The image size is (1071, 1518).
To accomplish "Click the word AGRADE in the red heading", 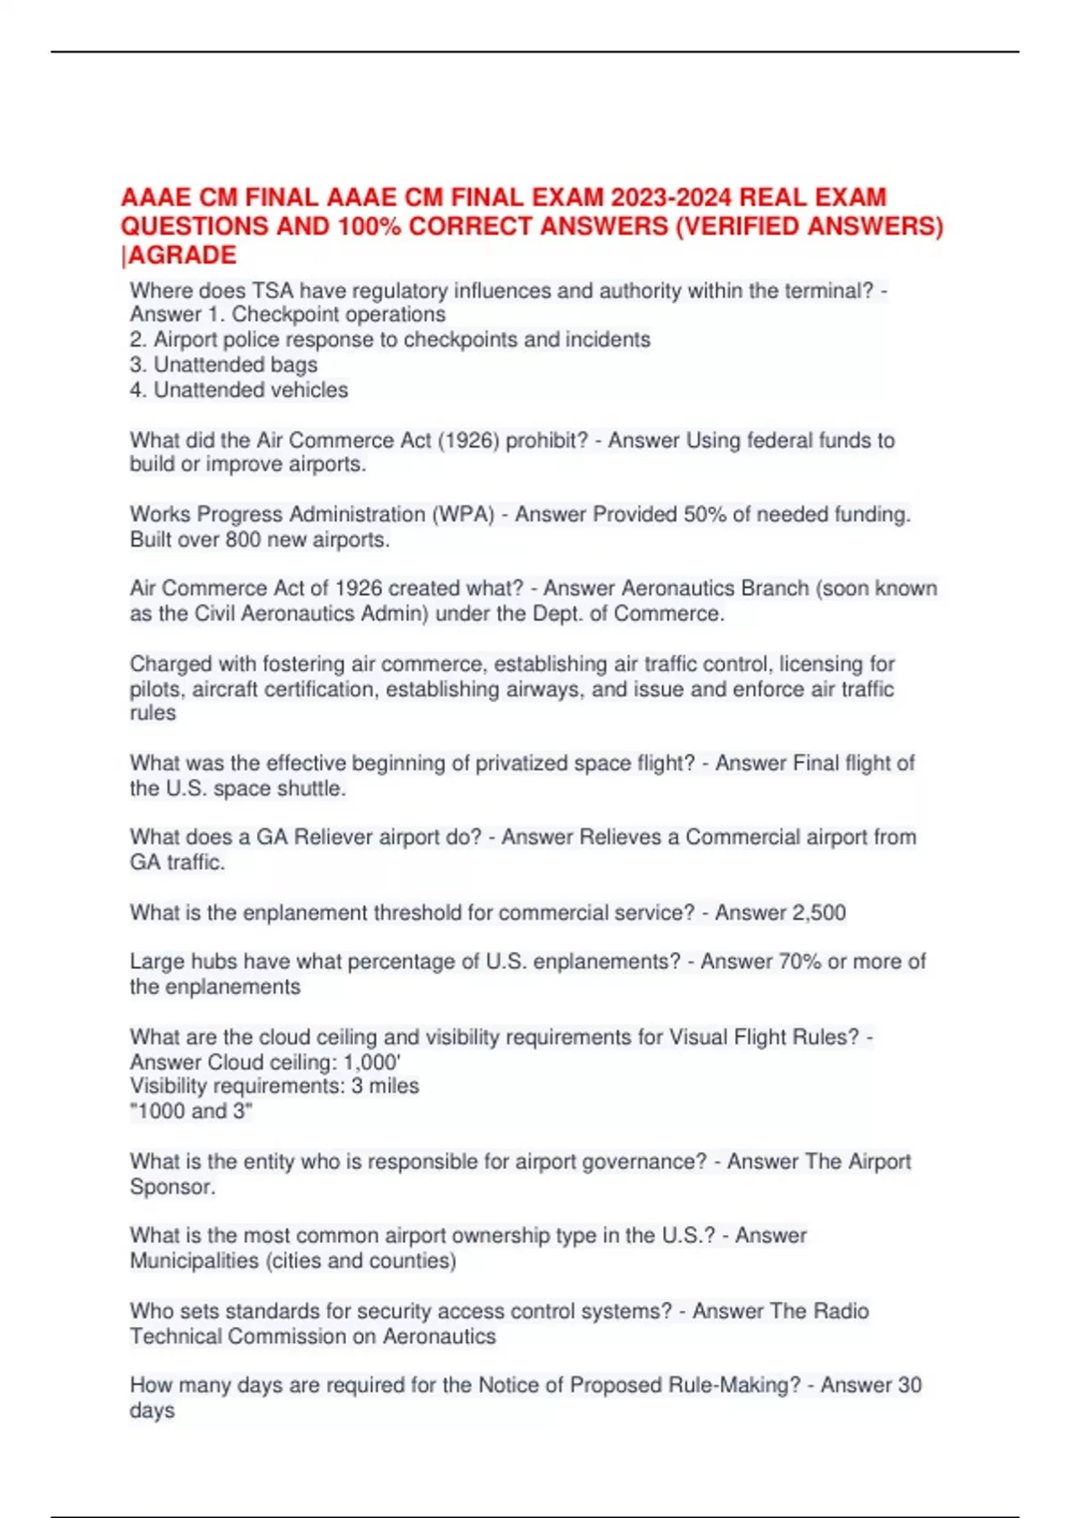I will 182,255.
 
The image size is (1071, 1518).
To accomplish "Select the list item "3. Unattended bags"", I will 223,365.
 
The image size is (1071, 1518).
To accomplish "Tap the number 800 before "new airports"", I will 243,540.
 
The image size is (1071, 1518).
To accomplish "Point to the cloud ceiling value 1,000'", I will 372,1063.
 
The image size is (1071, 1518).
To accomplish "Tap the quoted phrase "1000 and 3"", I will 191,1112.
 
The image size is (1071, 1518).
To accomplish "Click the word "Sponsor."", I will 172,1188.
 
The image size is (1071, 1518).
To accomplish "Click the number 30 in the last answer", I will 909,1385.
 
